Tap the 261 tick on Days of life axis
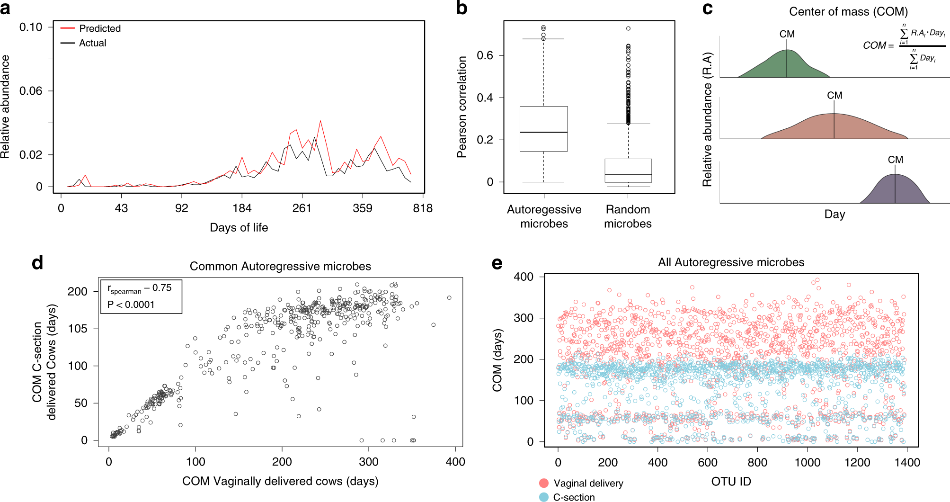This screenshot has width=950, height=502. pos(302,208)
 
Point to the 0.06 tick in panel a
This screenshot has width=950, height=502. pos(31,91)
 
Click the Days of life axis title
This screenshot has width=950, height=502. pos(239,228)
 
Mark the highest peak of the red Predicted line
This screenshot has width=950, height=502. pos(321,121)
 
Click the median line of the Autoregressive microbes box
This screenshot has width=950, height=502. pos(543,132)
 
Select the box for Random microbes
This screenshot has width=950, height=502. pos(628,170)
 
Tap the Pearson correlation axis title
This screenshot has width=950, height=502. pos(462,107)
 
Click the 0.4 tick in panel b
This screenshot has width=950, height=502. pos(485,98)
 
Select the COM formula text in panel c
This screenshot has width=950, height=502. pos(903,45)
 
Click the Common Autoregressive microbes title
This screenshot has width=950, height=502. pos(280,266)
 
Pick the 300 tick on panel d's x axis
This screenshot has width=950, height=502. pos(368,462)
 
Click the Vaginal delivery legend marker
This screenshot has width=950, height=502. pos(544,483)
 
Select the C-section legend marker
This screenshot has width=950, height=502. pos(544,497)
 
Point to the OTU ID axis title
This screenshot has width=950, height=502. pos(731,482)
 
